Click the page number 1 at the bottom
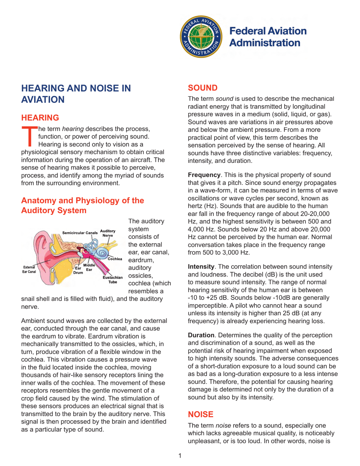coord(180,453)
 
